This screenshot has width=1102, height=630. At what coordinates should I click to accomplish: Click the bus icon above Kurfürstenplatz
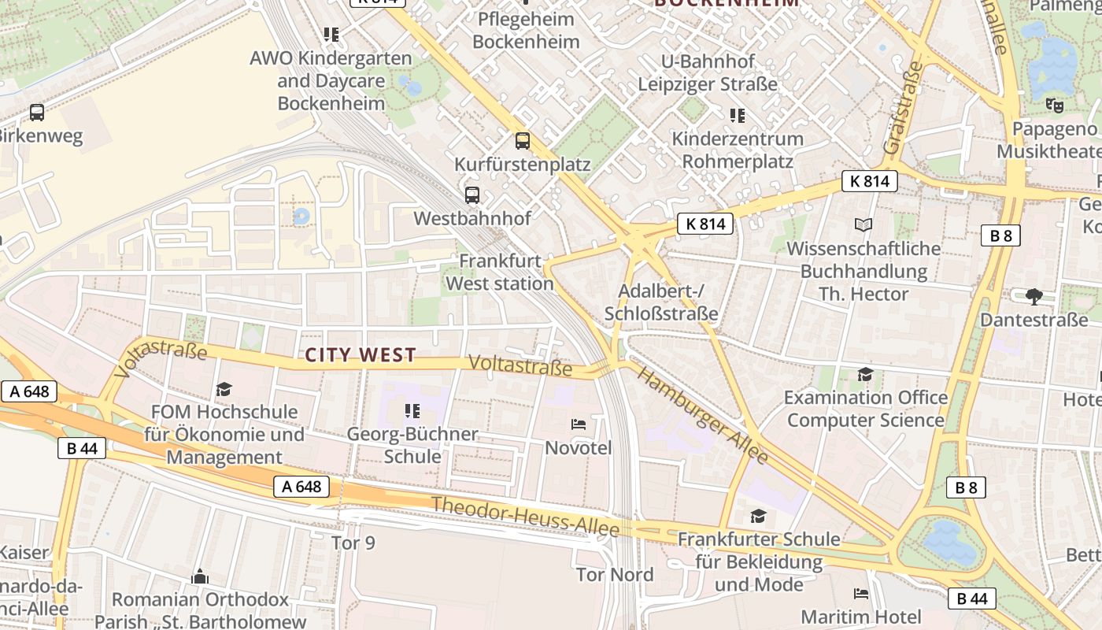[522, 141]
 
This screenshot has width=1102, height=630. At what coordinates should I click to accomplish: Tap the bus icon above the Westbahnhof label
[472, 195]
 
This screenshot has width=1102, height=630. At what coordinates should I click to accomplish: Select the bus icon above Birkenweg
[37, 112]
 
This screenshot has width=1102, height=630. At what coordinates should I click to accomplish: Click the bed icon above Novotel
[579, 424]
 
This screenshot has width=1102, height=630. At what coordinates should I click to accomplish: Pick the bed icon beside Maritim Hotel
[861, 593]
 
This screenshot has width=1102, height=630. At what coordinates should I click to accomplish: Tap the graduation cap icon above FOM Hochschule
[224, 389]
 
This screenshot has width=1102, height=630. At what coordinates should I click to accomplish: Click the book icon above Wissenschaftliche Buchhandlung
[863, 225]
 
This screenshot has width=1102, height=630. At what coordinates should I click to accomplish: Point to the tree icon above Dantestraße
[1034, 297]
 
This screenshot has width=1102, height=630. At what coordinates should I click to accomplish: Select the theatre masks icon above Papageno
[1055, 105]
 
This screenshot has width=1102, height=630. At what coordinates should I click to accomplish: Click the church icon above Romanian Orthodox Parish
[200, 576]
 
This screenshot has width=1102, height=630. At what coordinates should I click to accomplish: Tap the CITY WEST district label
[361, 355]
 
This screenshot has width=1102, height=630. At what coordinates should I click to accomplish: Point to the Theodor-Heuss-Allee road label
[525, 517]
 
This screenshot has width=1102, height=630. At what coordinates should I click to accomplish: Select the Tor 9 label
[353, 543]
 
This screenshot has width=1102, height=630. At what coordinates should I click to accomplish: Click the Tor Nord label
[615, 574]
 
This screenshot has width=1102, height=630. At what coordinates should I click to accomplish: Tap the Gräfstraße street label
[902, 108]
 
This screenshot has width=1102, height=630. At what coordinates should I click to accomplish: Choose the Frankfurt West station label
[500, 272]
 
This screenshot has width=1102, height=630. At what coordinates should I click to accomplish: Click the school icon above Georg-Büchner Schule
[412, 411]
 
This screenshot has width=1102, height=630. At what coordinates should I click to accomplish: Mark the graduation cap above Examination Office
[865, 375]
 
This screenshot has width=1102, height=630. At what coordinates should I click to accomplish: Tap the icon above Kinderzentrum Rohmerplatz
[737, 116]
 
